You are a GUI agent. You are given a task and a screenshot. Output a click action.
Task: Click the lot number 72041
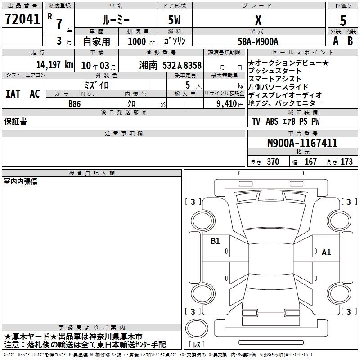[x=22, y=19]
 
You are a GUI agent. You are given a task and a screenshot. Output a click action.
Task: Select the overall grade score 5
[x=343, y=21]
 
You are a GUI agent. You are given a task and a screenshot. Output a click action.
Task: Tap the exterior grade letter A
[x=336, y=41]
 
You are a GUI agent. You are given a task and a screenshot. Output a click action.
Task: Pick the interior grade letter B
[x=350, y=41]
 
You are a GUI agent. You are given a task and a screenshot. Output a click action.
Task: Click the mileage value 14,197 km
[x=55, y=65]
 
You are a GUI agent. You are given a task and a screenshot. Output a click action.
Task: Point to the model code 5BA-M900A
[x=258, y=41]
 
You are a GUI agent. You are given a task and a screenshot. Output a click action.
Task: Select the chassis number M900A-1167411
[x=302, y=143]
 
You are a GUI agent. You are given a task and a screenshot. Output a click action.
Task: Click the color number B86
[x=75, y=104]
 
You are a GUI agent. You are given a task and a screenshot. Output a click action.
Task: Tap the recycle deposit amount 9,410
[x=226, y=104]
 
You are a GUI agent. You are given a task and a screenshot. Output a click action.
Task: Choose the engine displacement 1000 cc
[x=141, y=41]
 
